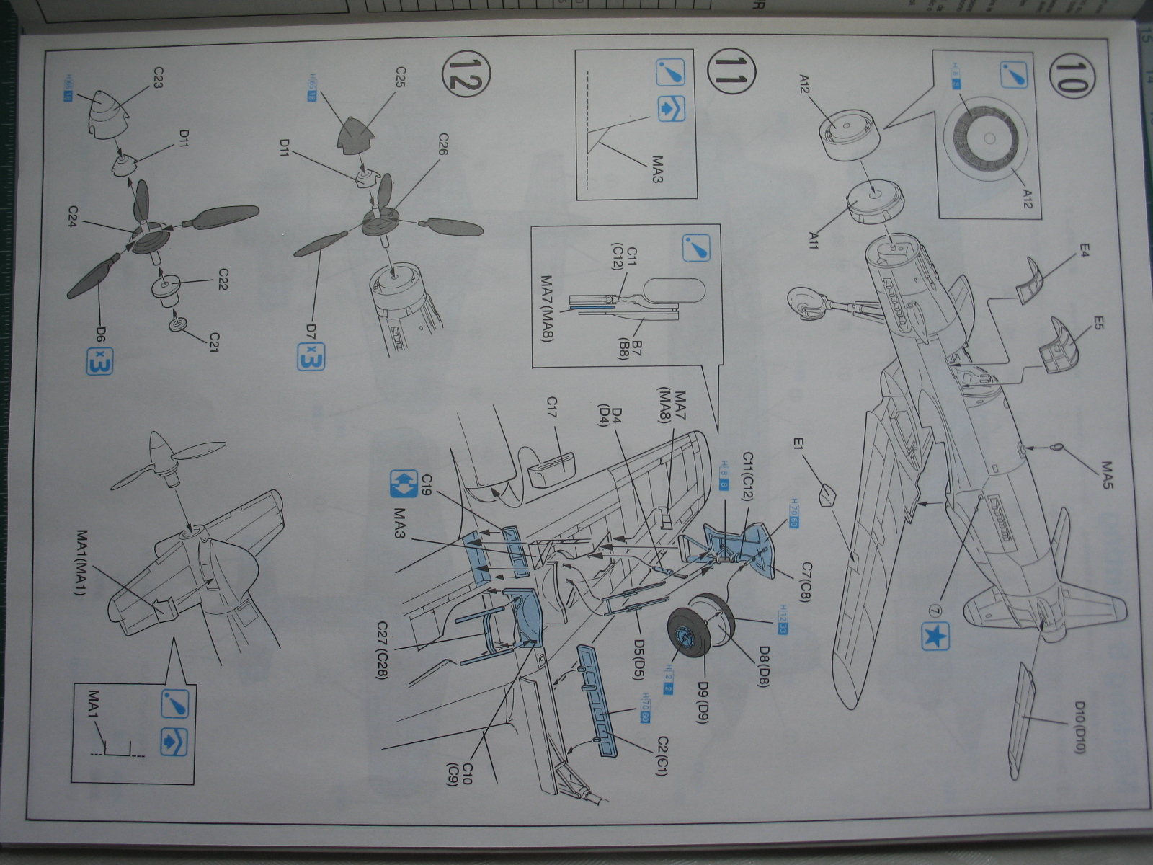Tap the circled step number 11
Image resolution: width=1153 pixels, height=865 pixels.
pos(726,80)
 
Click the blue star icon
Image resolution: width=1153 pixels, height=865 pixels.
pos(934,636)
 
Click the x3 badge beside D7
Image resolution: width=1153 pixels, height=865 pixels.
pos(311,357)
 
